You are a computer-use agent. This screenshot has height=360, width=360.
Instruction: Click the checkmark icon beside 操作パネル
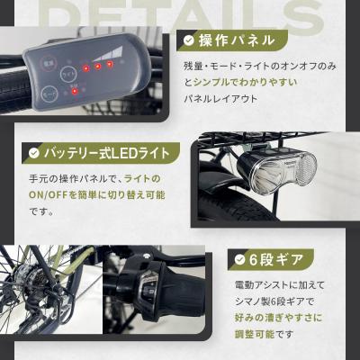pyautogui.click(x=187, y=40)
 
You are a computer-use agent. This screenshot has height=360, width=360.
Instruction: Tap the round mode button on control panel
pyautogui.click(x=53, y=93)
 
